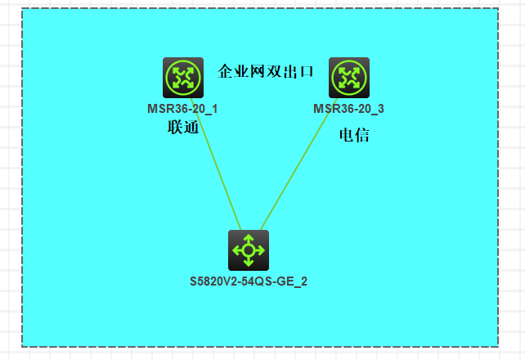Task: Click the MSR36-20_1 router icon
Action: coord(182,78)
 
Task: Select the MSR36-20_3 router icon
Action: coord(348,78)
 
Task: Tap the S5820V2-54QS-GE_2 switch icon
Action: coord(248,250)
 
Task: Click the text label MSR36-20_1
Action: coord(182,109)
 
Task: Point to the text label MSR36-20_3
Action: coord(348,109)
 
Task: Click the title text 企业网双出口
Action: coord(267,72)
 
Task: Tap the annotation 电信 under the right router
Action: coord(354,136)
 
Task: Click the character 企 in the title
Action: coord(227,72)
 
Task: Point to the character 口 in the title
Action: coord(307,72)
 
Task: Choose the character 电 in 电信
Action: coord(346,136)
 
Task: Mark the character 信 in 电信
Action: coord(362,136)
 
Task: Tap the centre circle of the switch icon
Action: coord(248,250)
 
